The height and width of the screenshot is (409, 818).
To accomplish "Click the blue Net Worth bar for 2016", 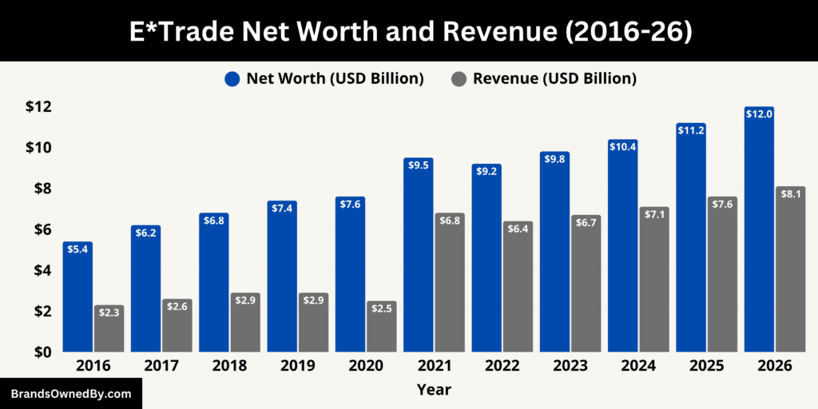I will coord(77,300).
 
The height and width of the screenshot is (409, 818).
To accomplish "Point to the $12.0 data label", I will coord(759,115).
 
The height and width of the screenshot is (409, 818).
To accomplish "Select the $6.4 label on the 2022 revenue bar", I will coord(518,228).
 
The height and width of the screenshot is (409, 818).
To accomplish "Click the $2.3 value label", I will coord(109,312).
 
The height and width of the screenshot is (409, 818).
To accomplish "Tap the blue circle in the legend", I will coord(232,78).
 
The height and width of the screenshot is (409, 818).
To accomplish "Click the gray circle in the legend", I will coord(459,78).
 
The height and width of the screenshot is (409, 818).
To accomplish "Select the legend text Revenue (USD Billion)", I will coord(554,78).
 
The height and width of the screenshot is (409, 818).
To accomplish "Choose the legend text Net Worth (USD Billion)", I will coord(334,78).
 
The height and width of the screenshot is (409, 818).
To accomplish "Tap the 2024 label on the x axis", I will coord(638,366).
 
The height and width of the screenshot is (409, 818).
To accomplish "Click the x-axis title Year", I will coord(434,390).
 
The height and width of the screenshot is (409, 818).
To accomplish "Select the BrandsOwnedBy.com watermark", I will coord(70,394).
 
